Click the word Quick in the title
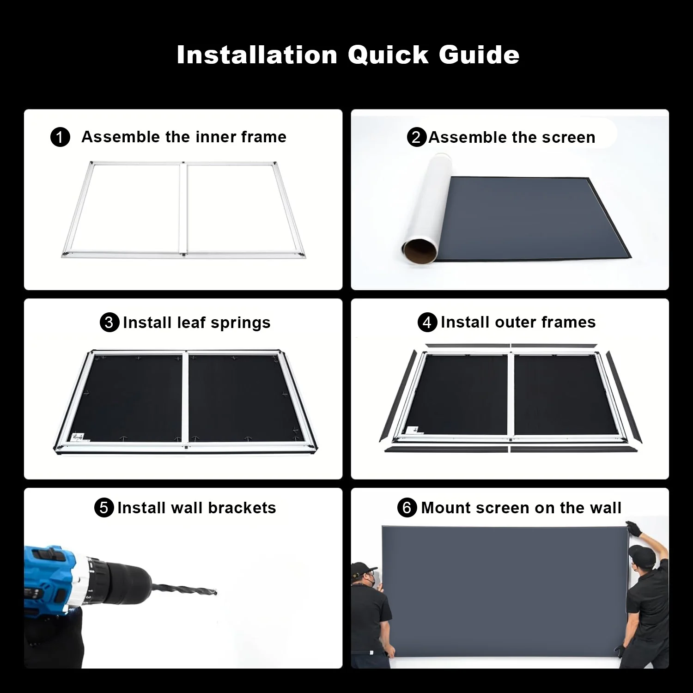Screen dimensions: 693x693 point(388,55)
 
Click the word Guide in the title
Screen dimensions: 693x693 point(479,55)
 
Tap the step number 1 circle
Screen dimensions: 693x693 point(60,138)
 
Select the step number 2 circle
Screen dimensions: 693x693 point(416,137)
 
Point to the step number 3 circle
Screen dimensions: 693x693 point(109,322)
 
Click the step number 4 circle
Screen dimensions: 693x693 point(427,322)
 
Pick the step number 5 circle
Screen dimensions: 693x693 point(104,508)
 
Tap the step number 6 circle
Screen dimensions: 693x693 point(407,508)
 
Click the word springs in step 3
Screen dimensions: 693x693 point(240,323)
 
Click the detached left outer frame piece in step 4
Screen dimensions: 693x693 point(397,397)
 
